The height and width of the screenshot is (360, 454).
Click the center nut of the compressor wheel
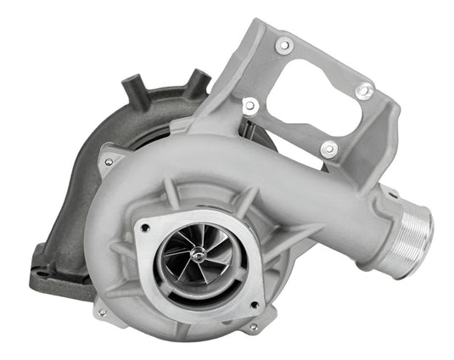(196, 253)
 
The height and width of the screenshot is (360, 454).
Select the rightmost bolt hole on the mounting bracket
(363, 89)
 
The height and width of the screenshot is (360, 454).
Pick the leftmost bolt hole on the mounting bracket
(250, 106)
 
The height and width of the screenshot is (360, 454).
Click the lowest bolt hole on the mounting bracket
(328, 149)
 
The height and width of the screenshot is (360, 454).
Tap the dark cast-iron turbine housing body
(76, 187)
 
